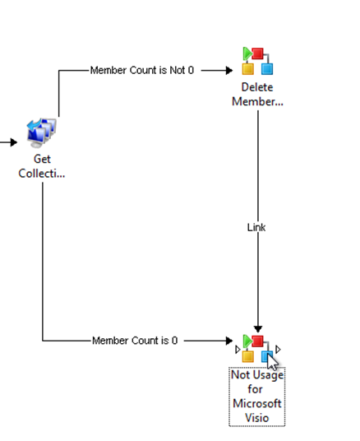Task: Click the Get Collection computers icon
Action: tap(42, 133)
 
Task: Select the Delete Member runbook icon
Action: tap(258, 61)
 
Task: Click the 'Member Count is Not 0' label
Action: tap(142, 70)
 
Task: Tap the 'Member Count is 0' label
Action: tap(135, 341)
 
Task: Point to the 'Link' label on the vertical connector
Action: tap(256, 227)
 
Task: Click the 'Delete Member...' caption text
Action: tap(257, 95)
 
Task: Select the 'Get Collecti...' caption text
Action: tap(42, 166)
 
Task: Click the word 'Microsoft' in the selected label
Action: tap(257, 404)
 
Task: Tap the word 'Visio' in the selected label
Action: tap(257, 418)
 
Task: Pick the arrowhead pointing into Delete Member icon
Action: tap(229, 70)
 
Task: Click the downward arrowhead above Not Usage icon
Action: tap(258, 329)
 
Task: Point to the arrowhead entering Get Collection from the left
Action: tap(14, 142)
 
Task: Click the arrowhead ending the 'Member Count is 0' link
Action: tap(229, 341)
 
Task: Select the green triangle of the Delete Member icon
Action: tap(247, 53)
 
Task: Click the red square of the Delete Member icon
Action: tap(258, 53)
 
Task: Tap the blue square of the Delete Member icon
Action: tap(267, 69)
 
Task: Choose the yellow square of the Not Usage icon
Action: tap(248, 356)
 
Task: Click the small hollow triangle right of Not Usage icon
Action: tap(278, 350)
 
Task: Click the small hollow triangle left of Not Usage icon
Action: tap(238, 350)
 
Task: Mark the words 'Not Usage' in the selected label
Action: tap(257, 375)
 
